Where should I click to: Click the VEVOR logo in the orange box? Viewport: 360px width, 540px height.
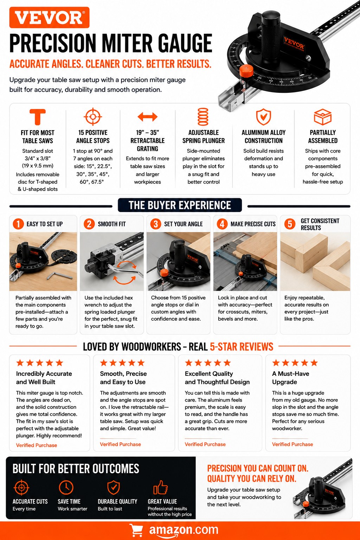point(50,18)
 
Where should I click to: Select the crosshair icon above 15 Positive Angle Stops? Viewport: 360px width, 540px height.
point(93,117)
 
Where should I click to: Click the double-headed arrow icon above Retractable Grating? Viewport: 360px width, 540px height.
point(148,117)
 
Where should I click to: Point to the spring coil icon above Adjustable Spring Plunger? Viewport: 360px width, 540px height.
point(203,117)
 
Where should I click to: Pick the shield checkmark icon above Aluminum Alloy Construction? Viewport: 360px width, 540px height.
point(263,117)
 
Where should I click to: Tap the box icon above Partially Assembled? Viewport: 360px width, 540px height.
point(323,117)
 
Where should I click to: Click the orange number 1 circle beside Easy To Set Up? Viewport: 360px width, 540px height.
point(18,224)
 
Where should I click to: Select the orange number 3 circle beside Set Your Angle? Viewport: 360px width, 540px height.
point(156,224)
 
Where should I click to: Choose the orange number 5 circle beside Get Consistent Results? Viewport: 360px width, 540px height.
point(290,224)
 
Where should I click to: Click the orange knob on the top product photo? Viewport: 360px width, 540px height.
point(246,71)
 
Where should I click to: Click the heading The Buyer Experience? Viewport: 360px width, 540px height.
point(180,205)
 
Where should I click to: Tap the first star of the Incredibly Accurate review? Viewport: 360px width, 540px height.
point(20,362)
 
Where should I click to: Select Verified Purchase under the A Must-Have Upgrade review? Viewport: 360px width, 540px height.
point(292,444)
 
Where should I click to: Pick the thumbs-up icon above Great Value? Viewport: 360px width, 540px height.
point(161,487)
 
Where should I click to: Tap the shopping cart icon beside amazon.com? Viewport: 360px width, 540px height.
point(136,530)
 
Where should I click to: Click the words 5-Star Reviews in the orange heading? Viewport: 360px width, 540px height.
point(242,347)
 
